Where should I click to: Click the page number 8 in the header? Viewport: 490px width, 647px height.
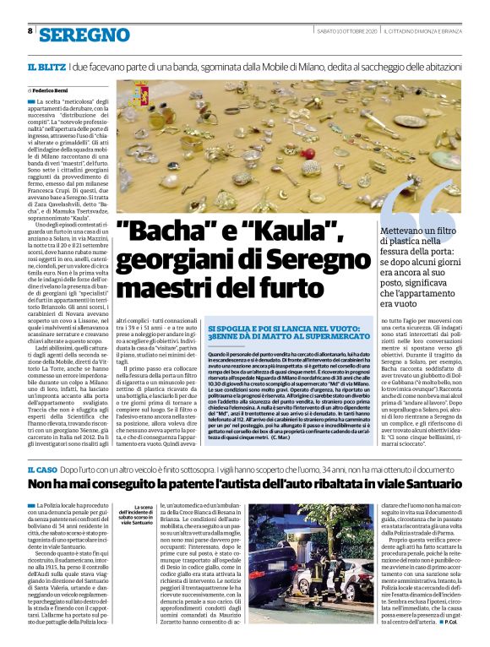pos(30,31)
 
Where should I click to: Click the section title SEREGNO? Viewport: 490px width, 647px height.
pos(84,35)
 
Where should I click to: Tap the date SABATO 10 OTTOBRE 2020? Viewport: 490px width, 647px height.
pos(346,31)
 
